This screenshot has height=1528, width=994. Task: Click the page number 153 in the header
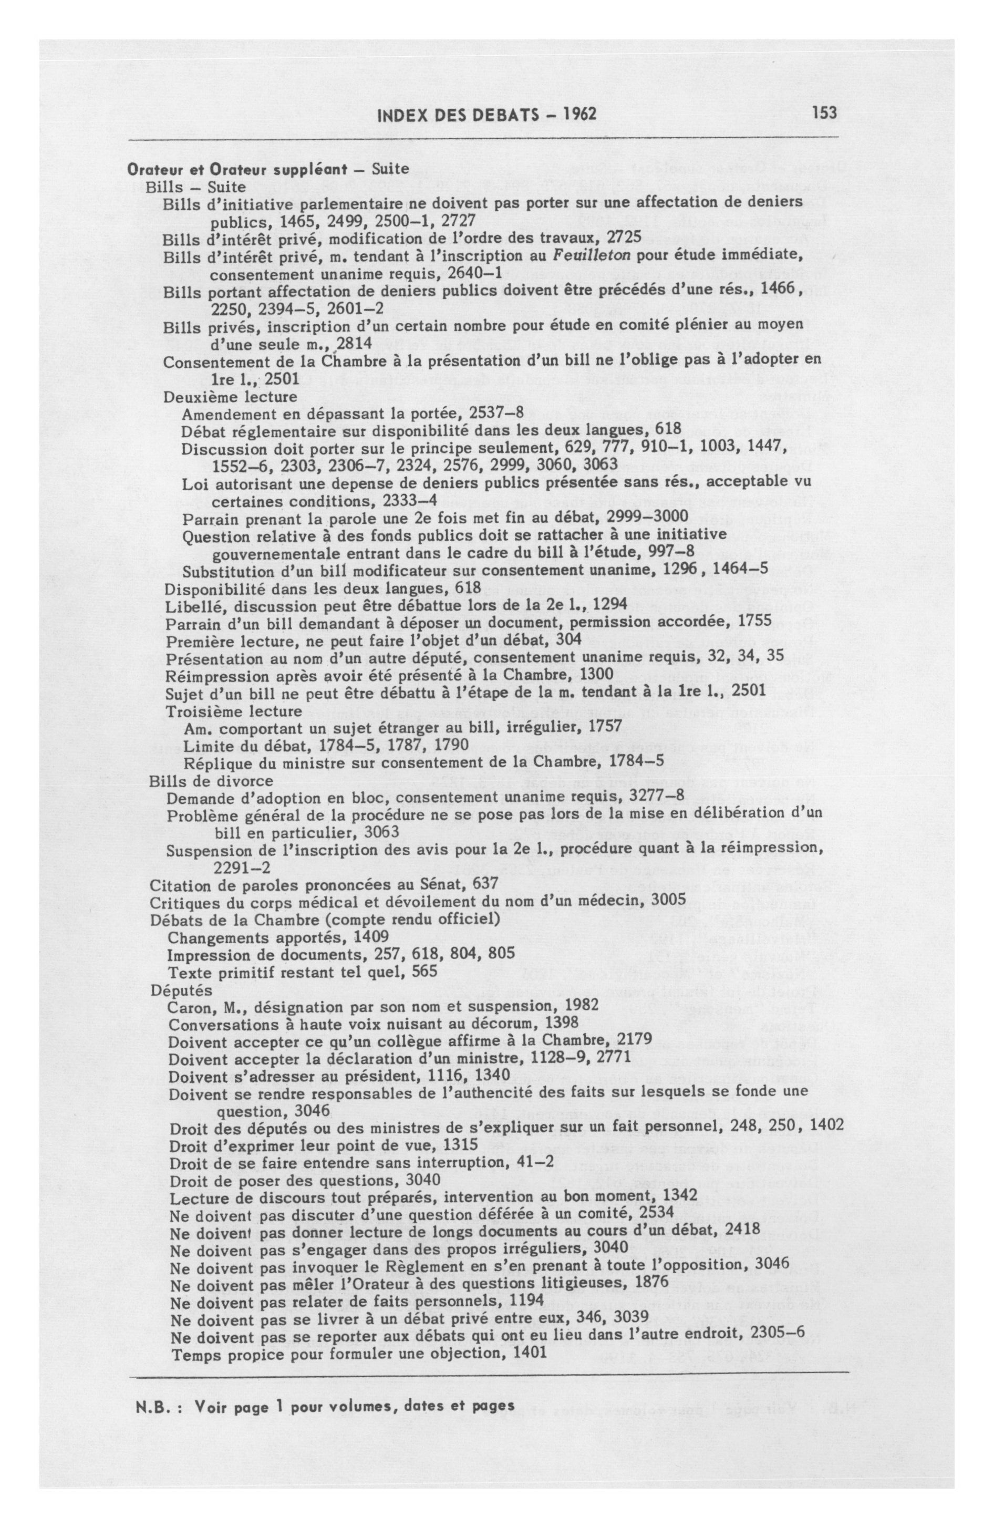coord(824,113)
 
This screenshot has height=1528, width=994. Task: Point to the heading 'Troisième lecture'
coord(233,711)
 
